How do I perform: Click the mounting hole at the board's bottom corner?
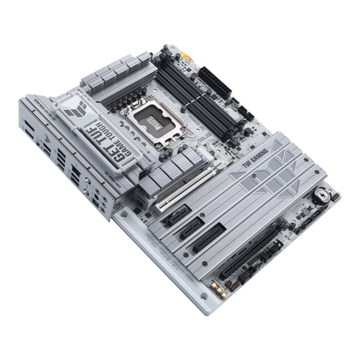point(212,308)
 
